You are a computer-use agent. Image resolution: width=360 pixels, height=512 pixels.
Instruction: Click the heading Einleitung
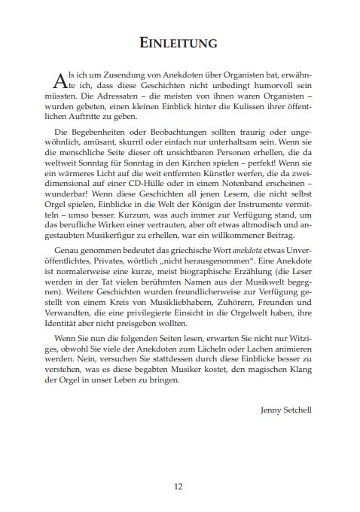pyautogui.click(x=179, y=44)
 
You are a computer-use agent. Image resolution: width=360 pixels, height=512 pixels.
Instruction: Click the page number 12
pyautogui.click(x=179, y=486)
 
